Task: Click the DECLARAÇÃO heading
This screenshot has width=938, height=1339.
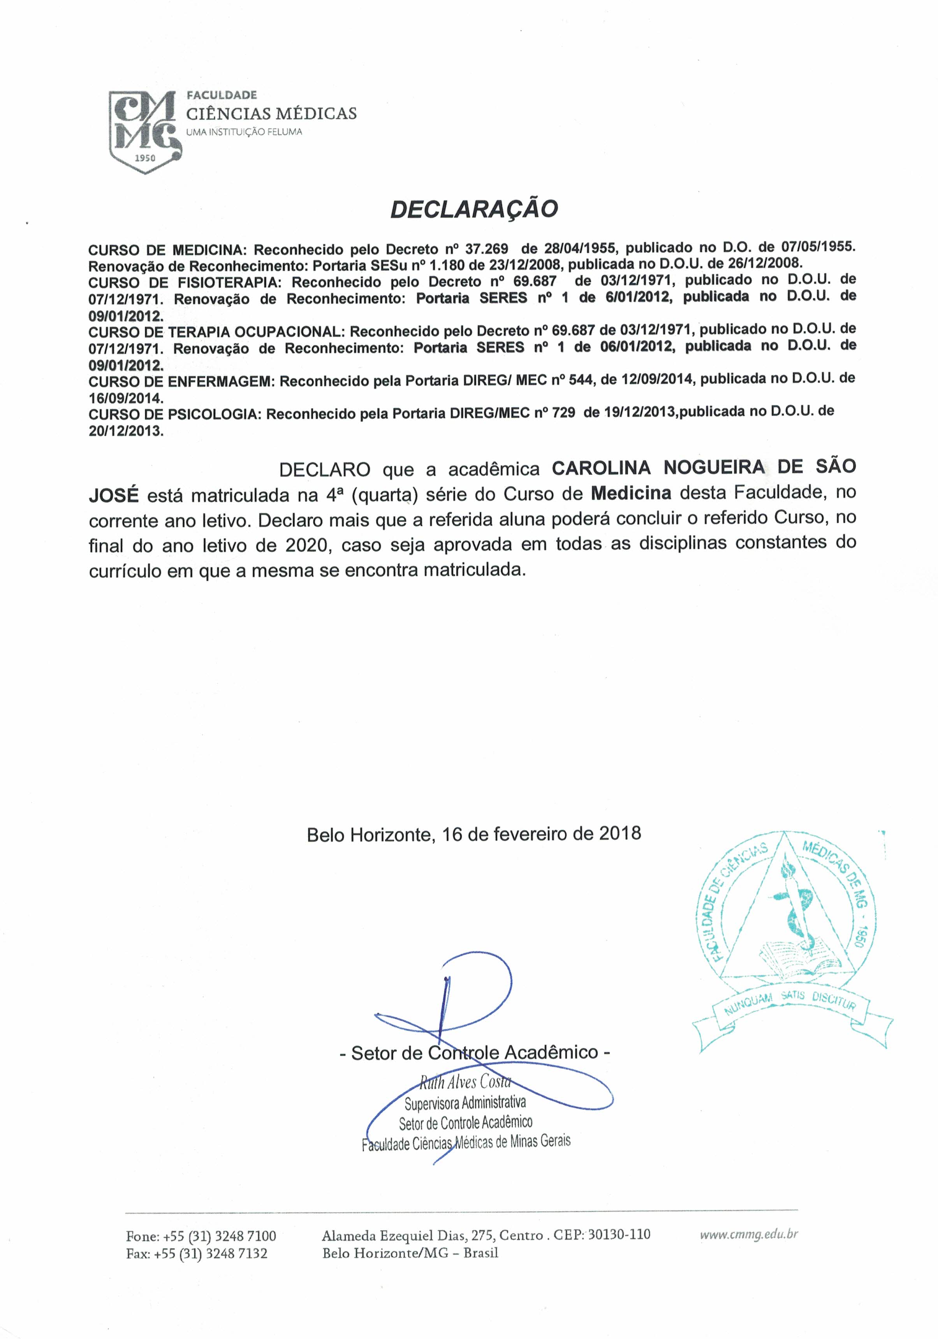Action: pyautogui.click(x=473, y=209)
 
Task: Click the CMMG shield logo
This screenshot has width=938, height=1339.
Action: pyautogui.click(x=143, y=131)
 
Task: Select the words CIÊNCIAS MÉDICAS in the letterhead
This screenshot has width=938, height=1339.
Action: pyautogui.click(x=271, y=113)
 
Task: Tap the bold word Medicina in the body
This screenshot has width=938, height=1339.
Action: pyautogui.click(x=631, y=493)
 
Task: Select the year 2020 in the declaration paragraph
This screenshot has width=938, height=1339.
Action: pyautogui.click(x=306, y=545)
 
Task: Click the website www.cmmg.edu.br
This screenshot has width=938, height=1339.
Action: pyautogui.click(x=748, y=1233)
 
